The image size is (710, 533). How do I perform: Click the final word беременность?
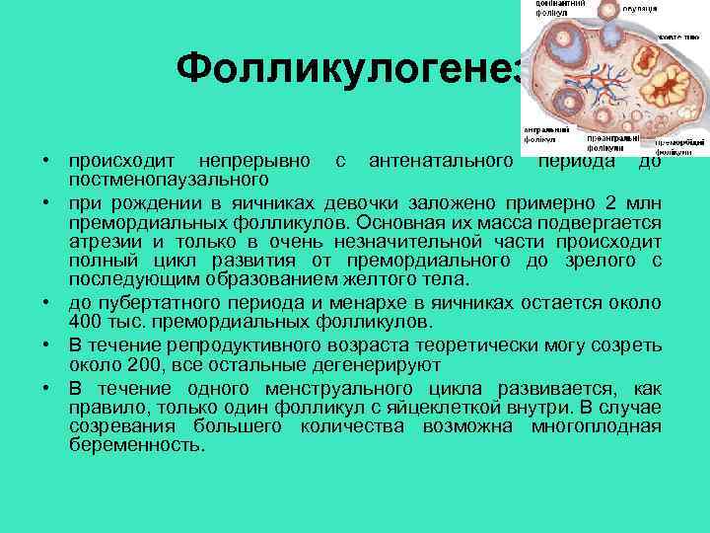coord(137,446)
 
